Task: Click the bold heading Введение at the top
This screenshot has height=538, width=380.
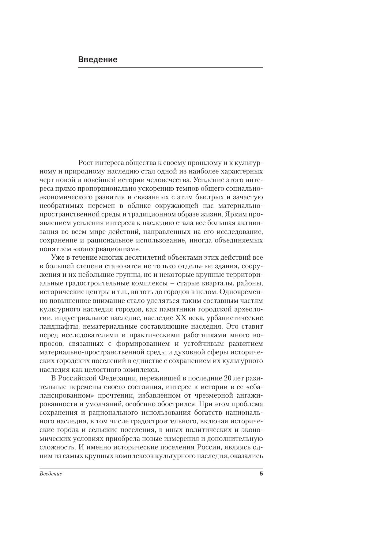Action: pos(98,59)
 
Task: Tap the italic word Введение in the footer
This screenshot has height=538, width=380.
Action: pos(51,474)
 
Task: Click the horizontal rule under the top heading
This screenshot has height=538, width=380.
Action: pos(170,67)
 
